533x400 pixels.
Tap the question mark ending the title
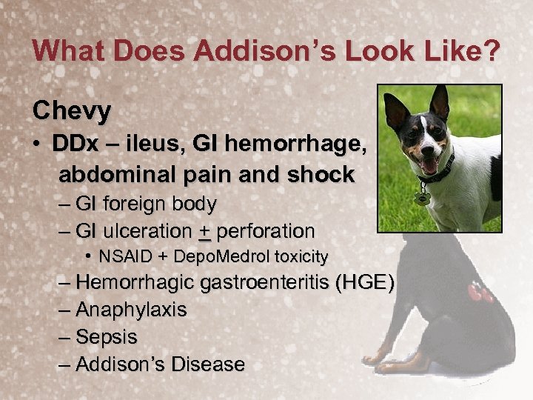[491, 52]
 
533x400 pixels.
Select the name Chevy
[72, 111]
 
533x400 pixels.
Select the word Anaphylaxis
[131, 310]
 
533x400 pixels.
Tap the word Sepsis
[107, 337]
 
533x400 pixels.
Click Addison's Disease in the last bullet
[160, 364]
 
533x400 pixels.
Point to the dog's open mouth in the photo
[429, 164]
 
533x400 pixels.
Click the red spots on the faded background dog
[480, 293]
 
